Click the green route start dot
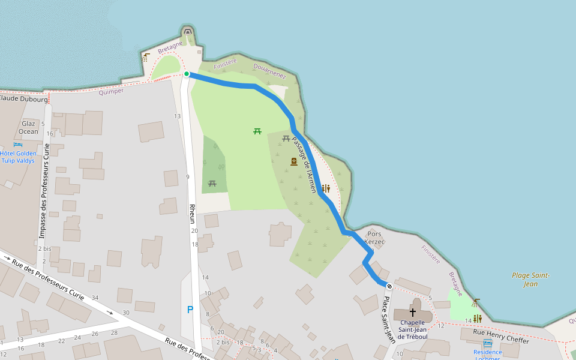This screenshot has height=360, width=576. click(x=187, y=74)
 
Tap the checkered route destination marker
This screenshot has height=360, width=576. click(x=389, y=286)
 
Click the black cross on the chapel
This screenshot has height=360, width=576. click(x=412, y=312)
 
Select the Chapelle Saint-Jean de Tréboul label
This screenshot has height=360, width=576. click(x=413, y=329)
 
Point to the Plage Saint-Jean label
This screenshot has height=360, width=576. click(x=530, y=280)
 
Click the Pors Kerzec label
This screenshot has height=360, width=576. click(x=374, y=238)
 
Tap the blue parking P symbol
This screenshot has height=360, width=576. click(x=190, y=310)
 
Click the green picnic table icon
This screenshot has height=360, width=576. click(x=257, y=131)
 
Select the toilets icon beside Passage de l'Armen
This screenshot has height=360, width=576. click(x=326, y=188)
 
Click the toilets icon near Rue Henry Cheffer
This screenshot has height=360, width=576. click(x=478, y=319)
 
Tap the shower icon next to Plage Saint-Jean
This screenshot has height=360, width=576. click(x=476, y=303)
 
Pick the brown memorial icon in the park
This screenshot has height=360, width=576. click(x=294, y=161)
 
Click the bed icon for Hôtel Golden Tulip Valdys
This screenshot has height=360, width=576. click(x=17, y=145)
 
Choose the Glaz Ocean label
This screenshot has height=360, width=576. click(x=28, y=127)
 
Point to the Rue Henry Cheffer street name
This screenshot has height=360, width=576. click(x=501, y=336)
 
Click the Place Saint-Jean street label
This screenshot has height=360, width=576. click(x=388, y=321)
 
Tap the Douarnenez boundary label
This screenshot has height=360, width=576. click(x=269, y=71)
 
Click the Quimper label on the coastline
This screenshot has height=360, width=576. click(x=110, y=91)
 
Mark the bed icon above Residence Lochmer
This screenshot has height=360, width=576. click(x=487, y=343)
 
